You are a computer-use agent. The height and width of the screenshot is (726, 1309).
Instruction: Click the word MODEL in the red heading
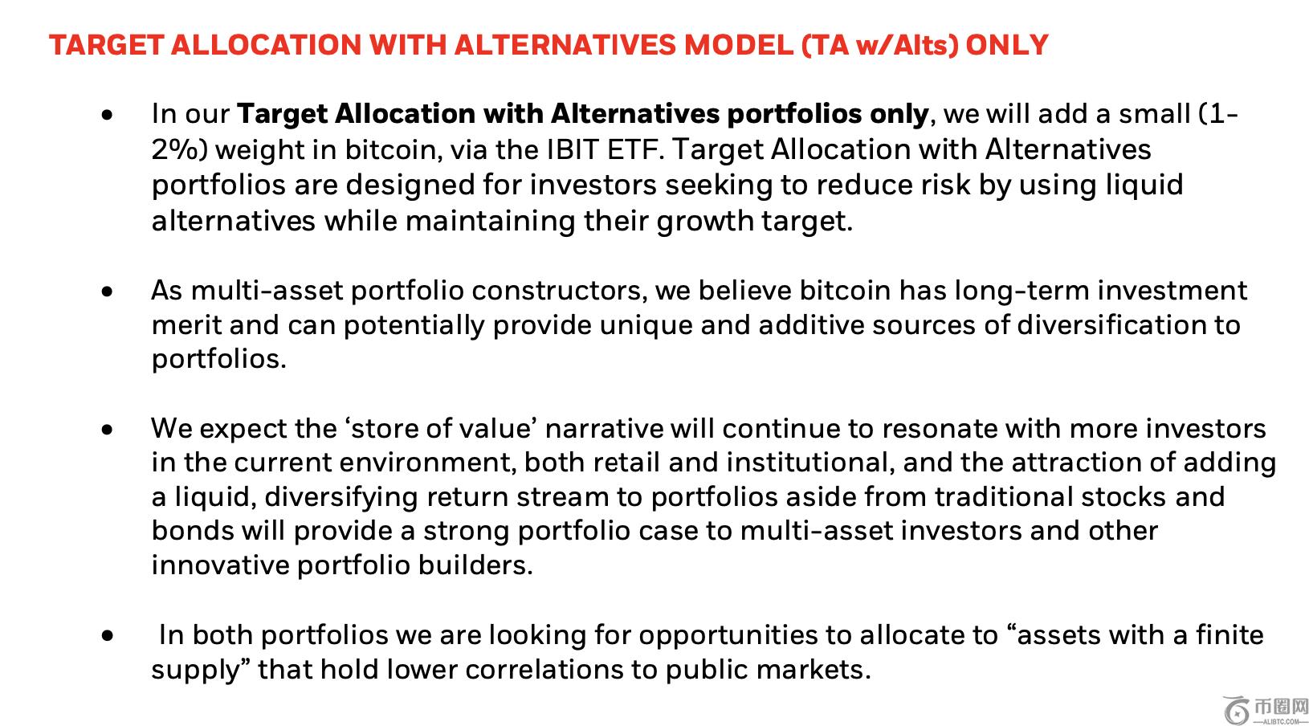(738, 45)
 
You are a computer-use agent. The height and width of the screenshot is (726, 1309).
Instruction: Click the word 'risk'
(946, 185)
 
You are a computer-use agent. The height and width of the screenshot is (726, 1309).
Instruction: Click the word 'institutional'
(810, 463)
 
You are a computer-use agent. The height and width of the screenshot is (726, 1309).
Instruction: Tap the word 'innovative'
(220, 565)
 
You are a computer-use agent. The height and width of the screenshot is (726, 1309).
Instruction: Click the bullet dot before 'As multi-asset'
(107, 291)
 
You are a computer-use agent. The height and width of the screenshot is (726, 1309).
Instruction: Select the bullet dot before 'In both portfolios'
(107, 635)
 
